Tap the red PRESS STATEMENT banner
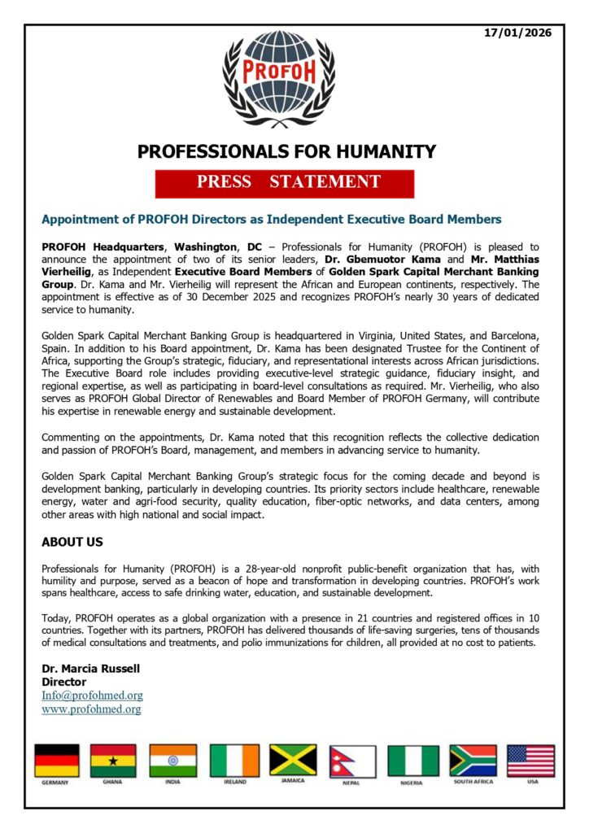(285, 183)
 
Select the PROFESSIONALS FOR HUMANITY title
(286, 151)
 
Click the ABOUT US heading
(72, 542)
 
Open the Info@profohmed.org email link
(92, 696)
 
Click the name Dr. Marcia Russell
(90, 669)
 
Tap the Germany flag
(57, 761)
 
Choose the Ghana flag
(113, 761)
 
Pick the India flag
(173, 761)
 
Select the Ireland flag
(234, 761)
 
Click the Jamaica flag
(293, 760)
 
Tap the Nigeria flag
(412, 761)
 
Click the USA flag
(530, 761)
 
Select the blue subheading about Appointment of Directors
(272, 220)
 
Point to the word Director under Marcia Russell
(63, 682)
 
